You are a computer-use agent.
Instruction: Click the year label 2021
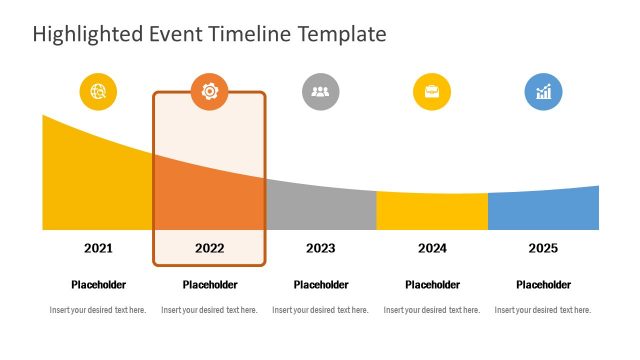(98, 248)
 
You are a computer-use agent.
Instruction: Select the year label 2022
(209, 248)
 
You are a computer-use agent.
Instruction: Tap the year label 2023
(320, 248)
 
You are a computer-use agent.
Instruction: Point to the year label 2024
(432, 248)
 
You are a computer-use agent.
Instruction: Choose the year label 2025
(543, 248)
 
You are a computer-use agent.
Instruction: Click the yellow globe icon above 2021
(98, 92)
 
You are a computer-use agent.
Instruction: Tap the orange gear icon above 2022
(209, 92)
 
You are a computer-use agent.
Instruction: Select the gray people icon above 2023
(320, 92)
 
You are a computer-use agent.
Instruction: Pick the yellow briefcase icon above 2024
(432, 92)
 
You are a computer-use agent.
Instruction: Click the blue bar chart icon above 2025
(543, 92)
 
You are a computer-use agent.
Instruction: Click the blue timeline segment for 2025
(543, 210)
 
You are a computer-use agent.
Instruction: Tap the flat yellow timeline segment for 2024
(432, 211)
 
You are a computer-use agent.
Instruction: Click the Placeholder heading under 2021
(98, 285)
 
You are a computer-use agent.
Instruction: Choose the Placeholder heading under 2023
(320, 285)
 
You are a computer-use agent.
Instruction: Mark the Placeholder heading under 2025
(543, 285)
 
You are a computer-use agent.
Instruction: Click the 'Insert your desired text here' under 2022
(209, 310)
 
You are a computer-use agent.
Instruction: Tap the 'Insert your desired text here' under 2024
(432, 310)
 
